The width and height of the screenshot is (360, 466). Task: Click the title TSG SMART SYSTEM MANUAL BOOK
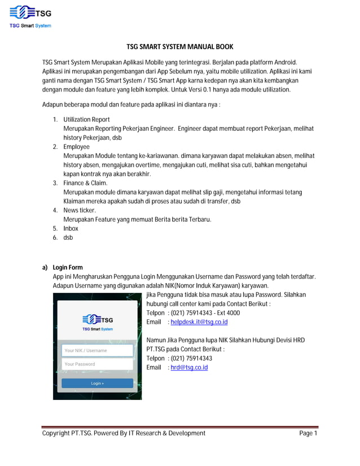(x=179, y=47)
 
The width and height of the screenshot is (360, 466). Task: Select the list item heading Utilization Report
(x=86, y=120)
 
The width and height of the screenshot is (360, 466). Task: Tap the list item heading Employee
(x=76, y=147)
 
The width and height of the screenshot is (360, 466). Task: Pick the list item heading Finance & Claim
(x=85, y=183)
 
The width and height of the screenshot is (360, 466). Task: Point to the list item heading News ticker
(x=80, y=210)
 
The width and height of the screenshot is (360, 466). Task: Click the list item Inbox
(x=71, y=228)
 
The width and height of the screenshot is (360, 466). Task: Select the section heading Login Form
(x=68, y=267)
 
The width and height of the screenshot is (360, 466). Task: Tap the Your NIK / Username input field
(x=97, y=350)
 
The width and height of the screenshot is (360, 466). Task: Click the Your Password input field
(x=97, y=364)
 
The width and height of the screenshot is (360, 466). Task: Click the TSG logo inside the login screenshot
(x=98, y=319)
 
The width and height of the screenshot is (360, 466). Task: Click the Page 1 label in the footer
(x=308, y=433)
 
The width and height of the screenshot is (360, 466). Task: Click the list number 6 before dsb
(x=55, y=238)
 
